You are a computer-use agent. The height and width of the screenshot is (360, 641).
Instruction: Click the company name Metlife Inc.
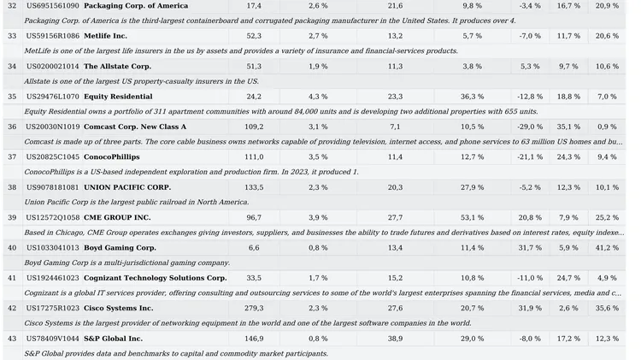click(x=105, y=36)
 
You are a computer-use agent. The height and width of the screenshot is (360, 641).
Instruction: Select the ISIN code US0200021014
click(x=52, y=66)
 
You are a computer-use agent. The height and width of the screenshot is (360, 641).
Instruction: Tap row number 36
click(x=12, y=127)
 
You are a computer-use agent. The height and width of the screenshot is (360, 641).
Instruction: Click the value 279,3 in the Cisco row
click(x=254, y=308)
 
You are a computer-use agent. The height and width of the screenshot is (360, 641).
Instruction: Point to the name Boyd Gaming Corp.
click(x=120, y=247)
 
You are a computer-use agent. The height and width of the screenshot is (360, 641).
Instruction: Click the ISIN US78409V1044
click(x=52, y=339)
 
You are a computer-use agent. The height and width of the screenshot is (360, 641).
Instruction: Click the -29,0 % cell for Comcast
click(x=530, y=127)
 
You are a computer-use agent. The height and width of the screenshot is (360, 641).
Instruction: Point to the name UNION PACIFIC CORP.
click(x=126, y=187)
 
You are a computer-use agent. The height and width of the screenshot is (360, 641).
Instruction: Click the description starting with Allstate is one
click(x=141, y=81)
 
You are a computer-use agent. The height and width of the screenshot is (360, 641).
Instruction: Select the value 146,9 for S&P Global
click(x=254, y=339)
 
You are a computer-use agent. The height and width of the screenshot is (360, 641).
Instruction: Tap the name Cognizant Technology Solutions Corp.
click(x=155, y=278)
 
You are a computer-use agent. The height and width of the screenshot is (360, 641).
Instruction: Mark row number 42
click(x=12, y=308)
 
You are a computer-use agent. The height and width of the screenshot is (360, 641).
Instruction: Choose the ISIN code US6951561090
click(x=52, y=5)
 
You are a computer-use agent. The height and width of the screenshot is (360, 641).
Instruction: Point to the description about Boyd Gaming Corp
click(x=127, y=263)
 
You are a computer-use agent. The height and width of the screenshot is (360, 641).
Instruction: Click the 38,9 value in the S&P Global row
click(x=395, y=339)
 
